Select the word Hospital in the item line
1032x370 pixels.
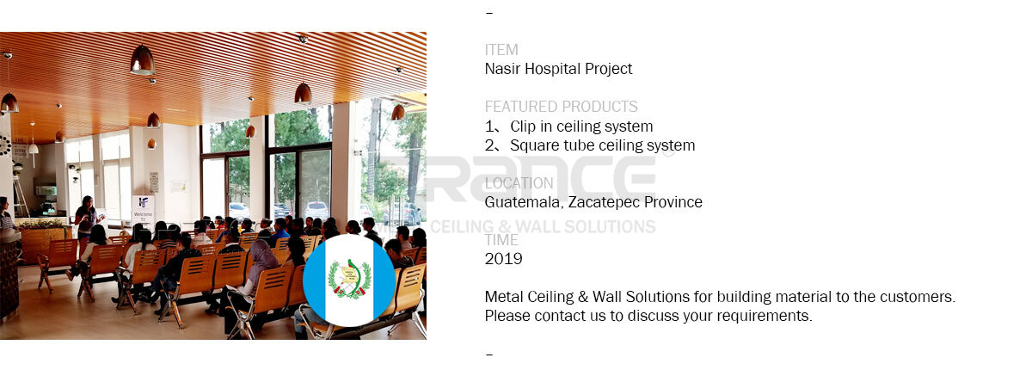552,69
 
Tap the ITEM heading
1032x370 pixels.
501,50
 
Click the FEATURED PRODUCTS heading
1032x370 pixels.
561,107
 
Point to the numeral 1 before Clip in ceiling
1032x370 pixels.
489,126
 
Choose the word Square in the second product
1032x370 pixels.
533,145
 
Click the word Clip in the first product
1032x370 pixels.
523,126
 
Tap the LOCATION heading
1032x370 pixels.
519,183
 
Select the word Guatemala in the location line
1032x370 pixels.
525,203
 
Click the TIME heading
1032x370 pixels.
501,240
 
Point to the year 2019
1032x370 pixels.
504,259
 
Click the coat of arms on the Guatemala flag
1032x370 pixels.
349,279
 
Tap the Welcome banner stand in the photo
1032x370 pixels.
144,211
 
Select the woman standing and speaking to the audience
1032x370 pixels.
87,219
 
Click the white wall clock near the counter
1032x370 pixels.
4,145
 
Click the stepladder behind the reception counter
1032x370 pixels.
20,197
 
